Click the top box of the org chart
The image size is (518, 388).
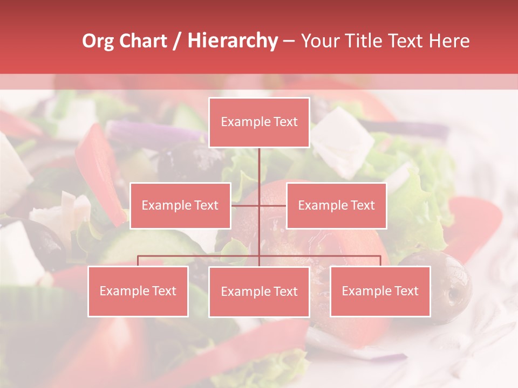(x=259, y=122)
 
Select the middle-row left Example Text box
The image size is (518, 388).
(x=180, y=206)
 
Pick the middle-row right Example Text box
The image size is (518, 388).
(x=336, y=206)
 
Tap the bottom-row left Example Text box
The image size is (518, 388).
(x=138, y=292)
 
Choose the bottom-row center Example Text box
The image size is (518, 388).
(x=259, y=292)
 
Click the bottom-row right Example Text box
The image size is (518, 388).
(x=380, y=292)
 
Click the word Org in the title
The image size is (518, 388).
(x=98, y=41)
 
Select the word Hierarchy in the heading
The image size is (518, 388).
(x=232, y=41)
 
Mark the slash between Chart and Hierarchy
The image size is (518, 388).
(x=177, y=41)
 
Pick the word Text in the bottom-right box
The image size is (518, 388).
(x=406, y=292)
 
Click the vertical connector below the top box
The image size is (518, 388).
(x=259, y=167)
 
